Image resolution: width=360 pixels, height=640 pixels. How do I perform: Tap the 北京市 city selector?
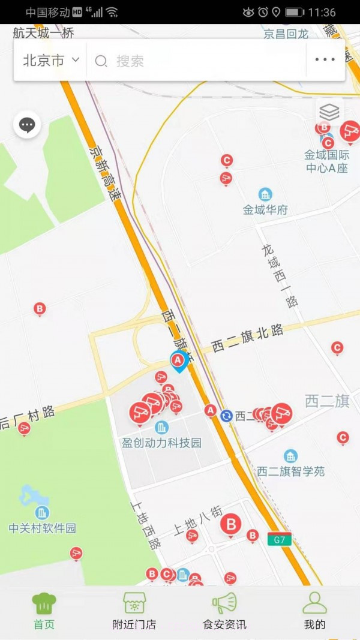[51, 60]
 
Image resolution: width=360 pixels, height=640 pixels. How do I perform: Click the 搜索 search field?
[198, 61]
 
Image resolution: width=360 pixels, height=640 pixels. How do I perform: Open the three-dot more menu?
[325, 60]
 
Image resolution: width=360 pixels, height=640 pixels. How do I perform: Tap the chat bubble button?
[27, 125]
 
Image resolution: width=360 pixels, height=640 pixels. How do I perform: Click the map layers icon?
[329, 112]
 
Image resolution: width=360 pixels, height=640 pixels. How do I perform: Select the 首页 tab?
[44, 611]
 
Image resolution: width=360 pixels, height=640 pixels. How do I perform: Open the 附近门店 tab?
[134, 611]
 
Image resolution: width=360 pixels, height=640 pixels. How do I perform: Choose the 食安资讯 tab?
[224, 611]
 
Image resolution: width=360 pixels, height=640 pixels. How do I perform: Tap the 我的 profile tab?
[314, 611]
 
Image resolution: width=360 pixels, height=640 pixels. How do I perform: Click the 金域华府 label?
[265, 210]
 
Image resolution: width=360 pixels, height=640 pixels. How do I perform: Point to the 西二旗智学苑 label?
[291, 471]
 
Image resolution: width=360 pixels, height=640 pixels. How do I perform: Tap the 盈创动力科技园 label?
[161, 443]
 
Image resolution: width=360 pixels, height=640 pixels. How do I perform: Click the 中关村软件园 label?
[43, 528]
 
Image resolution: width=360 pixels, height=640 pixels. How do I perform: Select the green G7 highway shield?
[280, 539]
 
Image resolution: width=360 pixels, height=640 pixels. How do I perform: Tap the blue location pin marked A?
[178, 361]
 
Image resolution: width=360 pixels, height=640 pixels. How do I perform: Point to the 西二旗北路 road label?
[248, 339]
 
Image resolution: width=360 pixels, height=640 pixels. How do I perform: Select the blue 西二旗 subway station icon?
[226, 416]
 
